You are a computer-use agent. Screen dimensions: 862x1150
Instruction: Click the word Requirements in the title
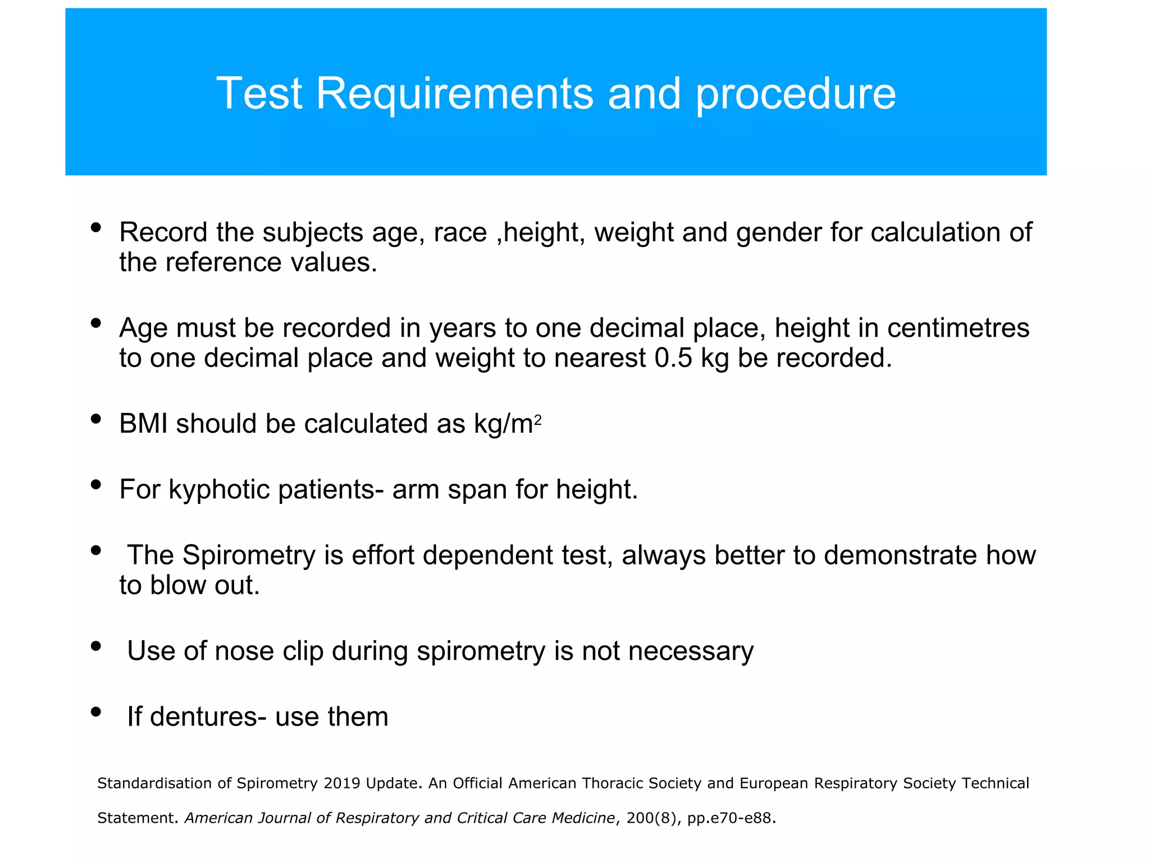point(454,94)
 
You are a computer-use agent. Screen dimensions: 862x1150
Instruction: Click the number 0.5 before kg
point(673,358)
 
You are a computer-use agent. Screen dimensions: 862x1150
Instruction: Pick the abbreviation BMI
point(143,424)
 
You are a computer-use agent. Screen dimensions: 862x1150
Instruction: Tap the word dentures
point(197,717)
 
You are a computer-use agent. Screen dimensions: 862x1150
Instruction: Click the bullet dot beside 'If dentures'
point(96,712)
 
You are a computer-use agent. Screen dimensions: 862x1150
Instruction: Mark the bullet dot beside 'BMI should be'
point(96,419)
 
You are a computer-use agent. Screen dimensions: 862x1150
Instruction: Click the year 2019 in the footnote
point(341,783)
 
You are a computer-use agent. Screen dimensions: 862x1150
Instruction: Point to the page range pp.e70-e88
point(732,818)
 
